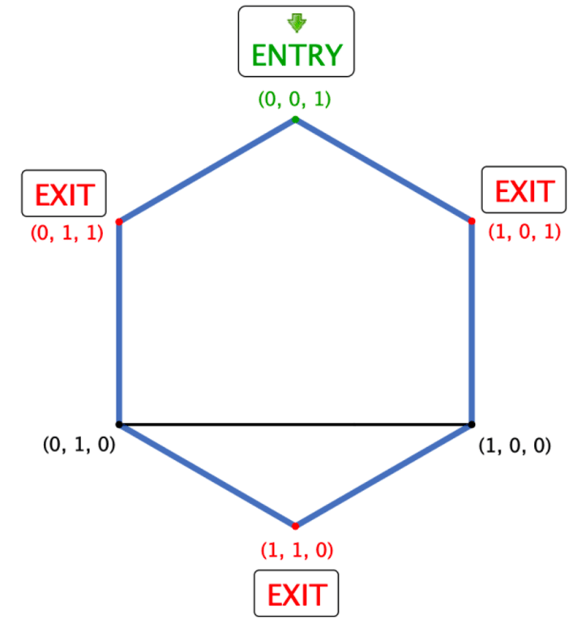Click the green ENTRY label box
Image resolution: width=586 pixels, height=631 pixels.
click(296, 41)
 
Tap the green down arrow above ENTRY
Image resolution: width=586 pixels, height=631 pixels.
click(297, 23)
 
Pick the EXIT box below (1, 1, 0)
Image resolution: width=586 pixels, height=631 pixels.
click(296, 593)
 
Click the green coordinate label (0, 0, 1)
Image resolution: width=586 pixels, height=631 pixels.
click(294, 99)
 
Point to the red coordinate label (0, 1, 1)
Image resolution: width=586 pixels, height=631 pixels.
click(66, 232)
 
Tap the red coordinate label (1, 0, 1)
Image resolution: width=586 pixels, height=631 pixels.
click(524, 232)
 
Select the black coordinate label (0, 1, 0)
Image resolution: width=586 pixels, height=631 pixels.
click(79, 444)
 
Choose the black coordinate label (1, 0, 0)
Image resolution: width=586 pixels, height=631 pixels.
click(515, 446)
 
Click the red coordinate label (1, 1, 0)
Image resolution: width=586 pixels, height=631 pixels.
click(297, 550)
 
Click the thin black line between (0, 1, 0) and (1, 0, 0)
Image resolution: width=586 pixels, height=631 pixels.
click(295, 424)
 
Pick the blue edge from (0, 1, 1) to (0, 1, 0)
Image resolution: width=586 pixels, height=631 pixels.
click(119, 323)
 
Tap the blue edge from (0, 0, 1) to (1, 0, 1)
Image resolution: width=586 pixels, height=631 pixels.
click(383, 170)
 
